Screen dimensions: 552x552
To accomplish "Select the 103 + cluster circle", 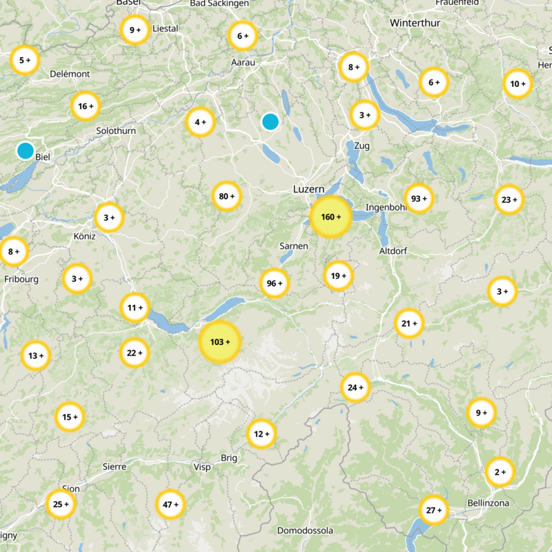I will pos(220,342).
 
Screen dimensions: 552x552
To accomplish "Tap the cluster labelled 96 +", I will pos(275,284).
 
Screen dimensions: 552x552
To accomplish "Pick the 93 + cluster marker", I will pos(419,199).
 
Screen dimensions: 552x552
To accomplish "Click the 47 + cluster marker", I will pos(170,504).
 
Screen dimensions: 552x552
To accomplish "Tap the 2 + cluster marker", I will pos(500,473).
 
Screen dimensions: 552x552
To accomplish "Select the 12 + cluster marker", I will pos(262,434).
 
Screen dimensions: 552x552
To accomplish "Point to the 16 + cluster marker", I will pos(86,106).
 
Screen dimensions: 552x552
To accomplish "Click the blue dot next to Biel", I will pos(26,150).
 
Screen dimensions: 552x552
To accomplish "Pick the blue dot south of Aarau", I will pos(270,122).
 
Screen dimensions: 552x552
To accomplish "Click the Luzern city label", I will pos(308,188).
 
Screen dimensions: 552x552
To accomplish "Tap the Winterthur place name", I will pos(414,23).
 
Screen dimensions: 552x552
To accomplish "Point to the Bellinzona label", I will pos(488,503).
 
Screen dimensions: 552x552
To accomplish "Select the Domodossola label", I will pos(305,531).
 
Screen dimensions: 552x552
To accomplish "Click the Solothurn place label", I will pos(116,130).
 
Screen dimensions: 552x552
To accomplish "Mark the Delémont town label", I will pos(70,74).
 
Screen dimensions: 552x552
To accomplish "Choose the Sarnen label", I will pos(293,246).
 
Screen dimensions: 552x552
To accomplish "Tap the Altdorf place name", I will pos(393,250).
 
